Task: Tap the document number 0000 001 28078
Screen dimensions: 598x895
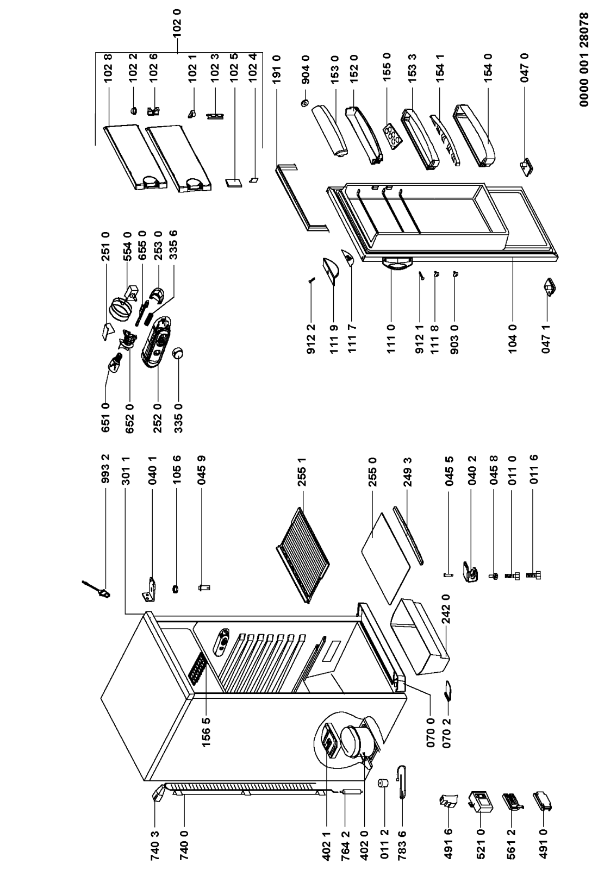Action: pos(584,60)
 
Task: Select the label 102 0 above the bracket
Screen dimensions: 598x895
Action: pos(177,22)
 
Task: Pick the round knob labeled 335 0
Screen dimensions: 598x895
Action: pos(177,354)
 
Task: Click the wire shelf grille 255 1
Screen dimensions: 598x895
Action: pos(303,555)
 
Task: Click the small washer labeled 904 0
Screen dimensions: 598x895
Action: pos(304,103)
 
